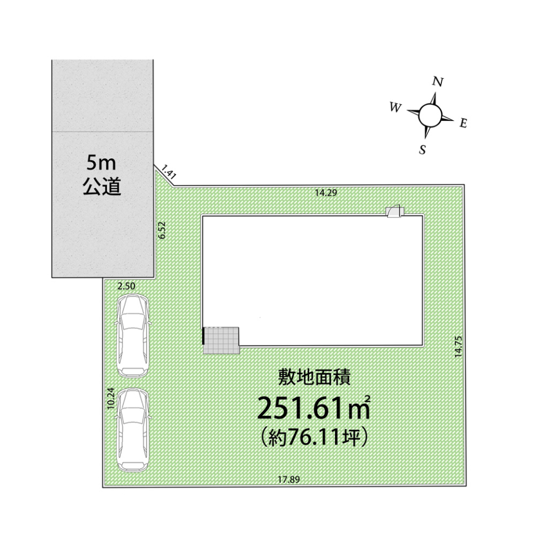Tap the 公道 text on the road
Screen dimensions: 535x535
point(101,186)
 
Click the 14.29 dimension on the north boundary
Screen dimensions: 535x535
point(327,193)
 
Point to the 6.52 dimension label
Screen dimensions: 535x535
point(162,230)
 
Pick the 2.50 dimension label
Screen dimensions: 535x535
point(127,285)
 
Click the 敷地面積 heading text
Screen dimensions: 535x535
point(314,378)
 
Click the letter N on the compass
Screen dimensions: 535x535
point(438,82)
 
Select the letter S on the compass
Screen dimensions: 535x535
point(422,149)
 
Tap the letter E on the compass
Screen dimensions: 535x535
point(463,124)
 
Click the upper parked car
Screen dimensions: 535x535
point(132,335)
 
